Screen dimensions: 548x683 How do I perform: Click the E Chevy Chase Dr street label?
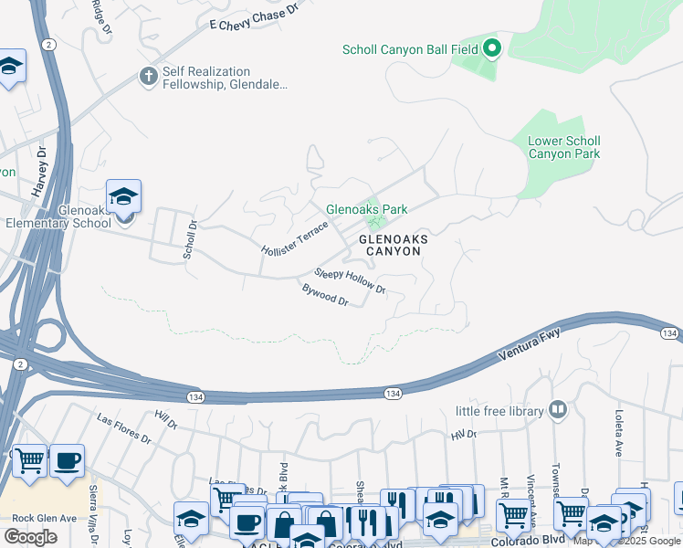[x=254, y=19]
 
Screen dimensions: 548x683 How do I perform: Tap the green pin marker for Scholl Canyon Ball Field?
[x=492, y=48]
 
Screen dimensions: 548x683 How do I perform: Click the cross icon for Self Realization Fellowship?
[x=149, y=77]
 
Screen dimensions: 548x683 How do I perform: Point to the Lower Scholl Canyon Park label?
[x=564, y=147]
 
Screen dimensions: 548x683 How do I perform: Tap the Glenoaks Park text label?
[x=367, y=209]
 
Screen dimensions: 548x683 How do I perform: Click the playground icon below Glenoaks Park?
[x=373, y=223]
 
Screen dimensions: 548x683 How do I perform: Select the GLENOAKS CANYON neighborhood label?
[x=394, y=245]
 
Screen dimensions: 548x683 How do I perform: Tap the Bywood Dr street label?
[x=325, y=295]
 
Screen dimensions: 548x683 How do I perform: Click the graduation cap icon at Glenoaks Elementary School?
[x=123, y=195]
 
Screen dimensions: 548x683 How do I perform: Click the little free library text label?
[x=501, y=411]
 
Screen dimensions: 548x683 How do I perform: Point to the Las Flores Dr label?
[x=123, y=427]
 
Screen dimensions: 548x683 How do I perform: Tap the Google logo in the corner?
[x=30, y=537]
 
